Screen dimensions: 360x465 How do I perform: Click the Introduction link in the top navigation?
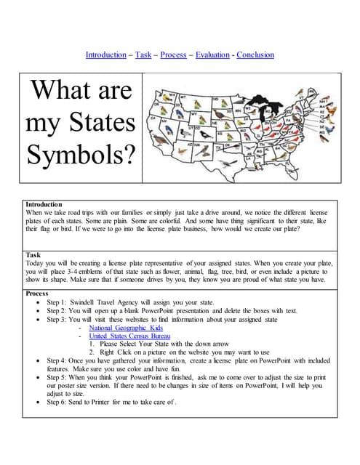click(x=105, y=54)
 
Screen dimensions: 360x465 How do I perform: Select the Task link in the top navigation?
click(x=143, y=54)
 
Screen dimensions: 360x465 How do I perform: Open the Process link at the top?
click(x=173, y=54)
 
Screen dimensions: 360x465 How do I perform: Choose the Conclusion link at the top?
click(x=255, y=54)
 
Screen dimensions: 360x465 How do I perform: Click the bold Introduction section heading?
click(x=44, y=205)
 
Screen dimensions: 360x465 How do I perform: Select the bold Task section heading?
click(x=33, y=255)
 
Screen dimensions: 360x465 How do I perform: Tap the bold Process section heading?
click(x=37, y=294)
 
